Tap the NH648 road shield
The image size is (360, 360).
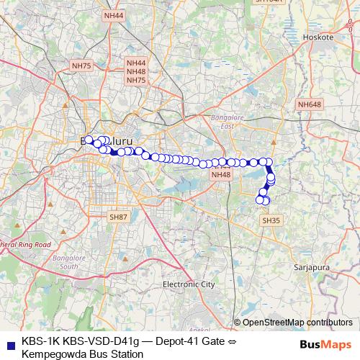[x=309, y=105]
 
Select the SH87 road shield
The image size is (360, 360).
[x=118, y=217]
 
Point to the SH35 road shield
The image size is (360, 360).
[x=271, y=220]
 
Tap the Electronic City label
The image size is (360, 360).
[x=189, y=284]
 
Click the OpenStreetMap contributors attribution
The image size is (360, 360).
[x=297, y=322]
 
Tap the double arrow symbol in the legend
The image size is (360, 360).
[x=225, y=341]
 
